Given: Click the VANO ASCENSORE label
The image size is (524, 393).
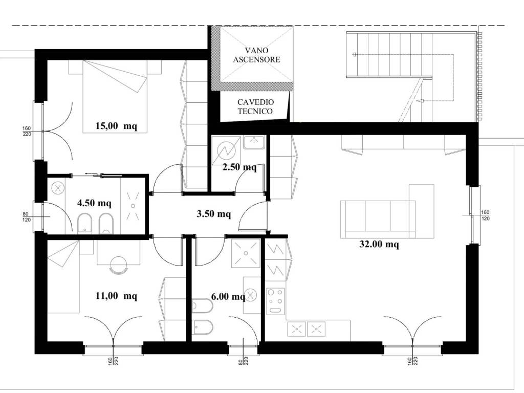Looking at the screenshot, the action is point(257,55).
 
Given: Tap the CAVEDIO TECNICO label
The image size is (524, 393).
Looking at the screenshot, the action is point(255,106).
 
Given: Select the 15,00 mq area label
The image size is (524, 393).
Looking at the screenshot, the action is point(116,126).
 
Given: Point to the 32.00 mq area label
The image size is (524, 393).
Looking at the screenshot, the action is point(379,244).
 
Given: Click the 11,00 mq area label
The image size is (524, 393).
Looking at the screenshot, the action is point(116,296).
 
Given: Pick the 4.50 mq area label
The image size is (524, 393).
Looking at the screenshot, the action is point(94,203).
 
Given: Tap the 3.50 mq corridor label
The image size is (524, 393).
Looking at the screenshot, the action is point(213,213).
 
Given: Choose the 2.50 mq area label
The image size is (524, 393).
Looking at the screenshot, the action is point(239,167).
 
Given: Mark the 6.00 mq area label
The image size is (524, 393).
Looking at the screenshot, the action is point(228,296).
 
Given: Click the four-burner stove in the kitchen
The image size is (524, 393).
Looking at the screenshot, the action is point(276,301).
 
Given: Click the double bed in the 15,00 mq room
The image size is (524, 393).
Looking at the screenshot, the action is point(115,96).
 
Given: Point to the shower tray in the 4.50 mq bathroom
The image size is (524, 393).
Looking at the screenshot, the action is point(133,206).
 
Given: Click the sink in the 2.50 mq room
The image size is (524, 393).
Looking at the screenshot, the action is point(254,142).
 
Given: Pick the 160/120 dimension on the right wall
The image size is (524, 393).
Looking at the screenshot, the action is point(485,215).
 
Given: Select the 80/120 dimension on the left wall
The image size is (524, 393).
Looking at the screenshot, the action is point(27,217).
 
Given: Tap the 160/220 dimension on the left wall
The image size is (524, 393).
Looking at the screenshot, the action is point(27,132).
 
